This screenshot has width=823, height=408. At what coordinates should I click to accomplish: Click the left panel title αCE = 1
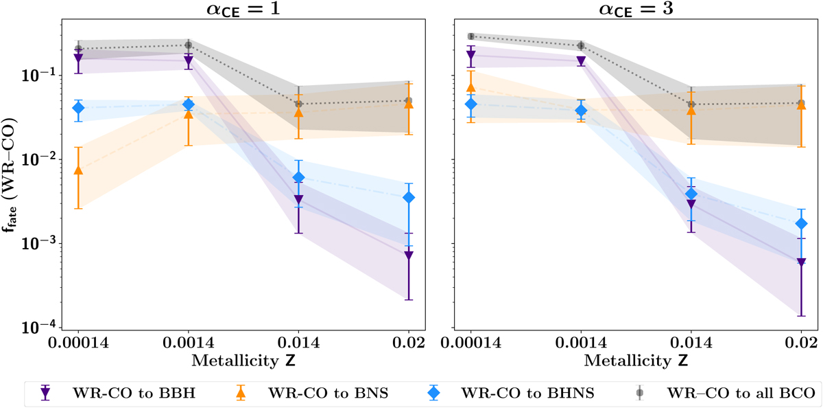pyautogui.click(x=236, y=10)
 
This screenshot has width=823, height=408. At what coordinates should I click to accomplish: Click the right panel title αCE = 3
pyautogui.click(x=629, y=10)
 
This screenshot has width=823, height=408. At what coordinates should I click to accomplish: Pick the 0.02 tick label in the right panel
pyautogui.click(x=800, y=341)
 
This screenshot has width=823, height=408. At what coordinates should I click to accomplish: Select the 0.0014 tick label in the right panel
pyautogui.click(x=581, y=341)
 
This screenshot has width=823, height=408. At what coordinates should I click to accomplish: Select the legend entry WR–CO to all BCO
pyautogui.click(x=728, y=393)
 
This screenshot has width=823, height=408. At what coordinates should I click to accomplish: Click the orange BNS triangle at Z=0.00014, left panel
pyautogui.click(x=78, y=170)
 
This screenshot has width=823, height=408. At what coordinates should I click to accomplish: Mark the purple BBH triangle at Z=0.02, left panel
pyautogui.click(x=409, y=256)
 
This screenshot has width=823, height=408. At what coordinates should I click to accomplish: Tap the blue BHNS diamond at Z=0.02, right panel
pyautogui.click(x=801, y=224)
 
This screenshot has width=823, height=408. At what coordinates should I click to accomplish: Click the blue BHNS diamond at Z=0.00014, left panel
pyautogui.click(x=78, y=108)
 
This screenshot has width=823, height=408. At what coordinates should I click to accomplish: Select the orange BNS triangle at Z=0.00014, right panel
pyautogui.click(x=471, y=87)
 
